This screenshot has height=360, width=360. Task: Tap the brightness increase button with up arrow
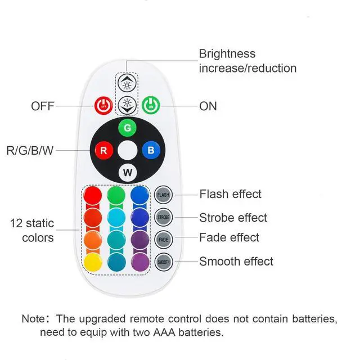[x=127, y=84]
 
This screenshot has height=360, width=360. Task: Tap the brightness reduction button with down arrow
[x=127, y=103]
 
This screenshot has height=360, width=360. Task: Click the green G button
[x=128, y=128]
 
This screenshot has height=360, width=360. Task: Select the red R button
[x=103, y=150]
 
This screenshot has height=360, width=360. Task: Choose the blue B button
[x=151, y=150]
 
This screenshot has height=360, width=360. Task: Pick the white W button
[x=128, y=172]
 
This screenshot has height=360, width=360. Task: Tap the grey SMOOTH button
[x=163, y=262]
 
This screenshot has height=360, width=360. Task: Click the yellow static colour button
[x=93, y=261]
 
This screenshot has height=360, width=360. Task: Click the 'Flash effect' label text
[x=230, y=194]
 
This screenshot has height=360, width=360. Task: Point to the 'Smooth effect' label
[x=236, y=262]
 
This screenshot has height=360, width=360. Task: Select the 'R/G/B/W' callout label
[x=31, y=151]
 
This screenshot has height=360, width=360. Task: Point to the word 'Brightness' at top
[x=227, y=54]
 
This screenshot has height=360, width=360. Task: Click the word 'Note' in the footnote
[x=35, y=319]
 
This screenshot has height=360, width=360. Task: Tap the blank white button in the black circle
[x=128, y=150]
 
